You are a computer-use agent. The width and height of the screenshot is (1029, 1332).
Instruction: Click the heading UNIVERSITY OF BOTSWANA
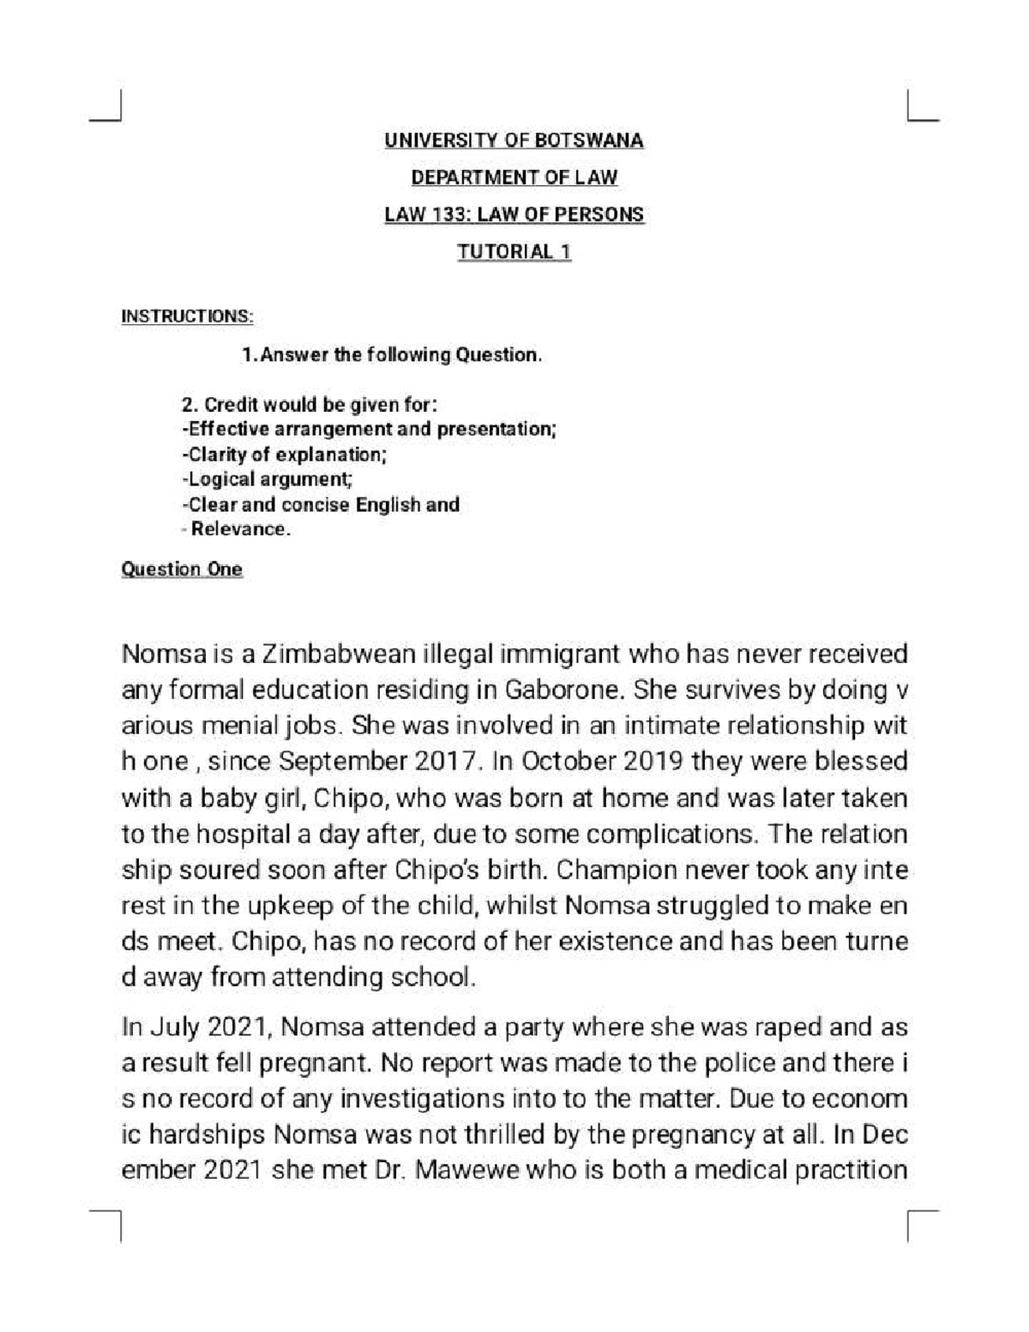[514, 141]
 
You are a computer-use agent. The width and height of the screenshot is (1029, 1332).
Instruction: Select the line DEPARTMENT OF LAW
[514, 178]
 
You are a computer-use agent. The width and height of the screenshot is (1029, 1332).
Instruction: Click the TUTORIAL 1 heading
[514, 252]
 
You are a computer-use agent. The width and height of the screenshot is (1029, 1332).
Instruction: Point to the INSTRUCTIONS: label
[187, 316]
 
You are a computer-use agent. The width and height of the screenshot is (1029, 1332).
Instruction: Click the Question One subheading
[182, 570]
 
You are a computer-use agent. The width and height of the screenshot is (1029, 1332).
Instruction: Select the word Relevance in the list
[239, 529]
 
